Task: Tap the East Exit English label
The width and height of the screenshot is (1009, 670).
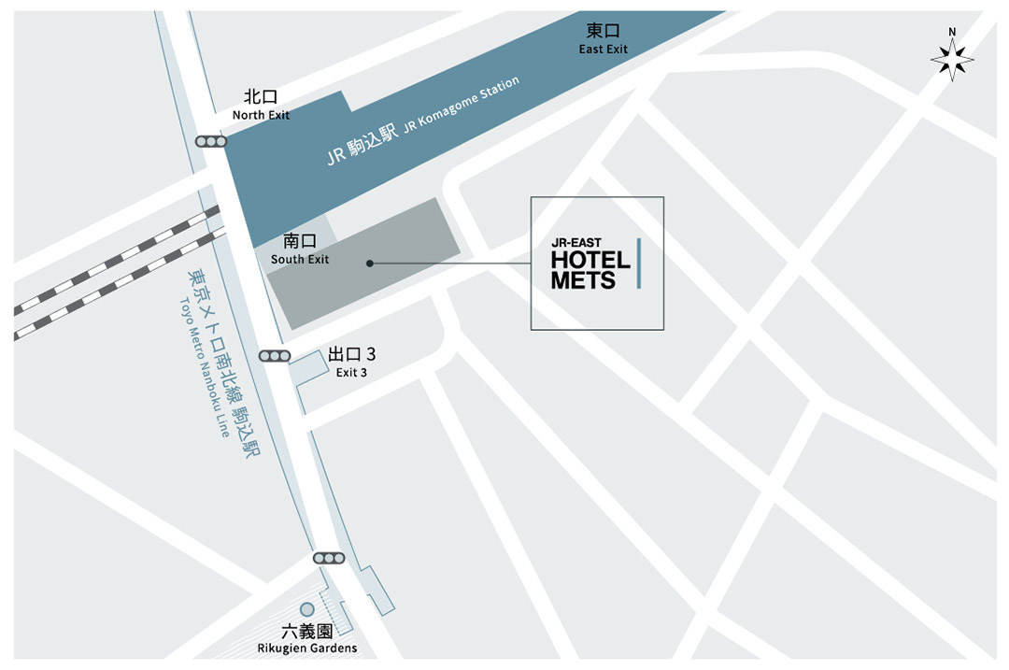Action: [x=604, y=49]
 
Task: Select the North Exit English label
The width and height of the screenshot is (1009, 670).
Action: [x=262, y=115]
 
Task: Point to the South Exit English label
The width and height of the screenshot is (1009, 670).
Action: [x=300, y=259]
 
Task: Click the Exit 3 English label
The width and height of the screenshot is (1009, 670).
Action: [x=351, y=373]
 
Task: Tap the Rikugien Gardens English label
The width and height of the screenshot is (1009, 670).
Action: [x=307, y=649]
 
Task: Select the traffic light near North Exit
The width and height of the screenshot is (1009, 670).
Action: [x=211, y=142]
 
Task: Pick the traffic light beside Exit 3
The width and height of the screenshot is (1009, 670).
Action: [x=276, y=356]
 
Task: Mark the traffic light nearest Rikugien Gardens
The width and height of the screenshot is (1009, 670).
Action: [x=329, y=558]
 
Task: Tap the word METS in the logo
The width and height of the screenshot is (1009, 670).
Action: [x=583, y=279]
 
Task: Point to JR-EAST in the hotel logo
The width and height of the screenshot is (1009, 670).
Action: [x=576, y=243]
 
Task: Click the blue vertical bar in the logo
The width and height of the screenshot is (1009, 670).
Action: [x=639, y=263]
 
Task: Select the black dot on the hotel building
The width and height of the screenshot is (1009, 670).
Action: [x=370, y=264]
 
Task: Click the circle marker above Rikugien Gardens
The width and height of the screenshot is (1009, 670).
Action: [x=306, y=609]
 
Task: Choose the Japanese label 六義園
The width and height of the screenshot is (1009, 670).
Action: [x=307, y=632]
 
